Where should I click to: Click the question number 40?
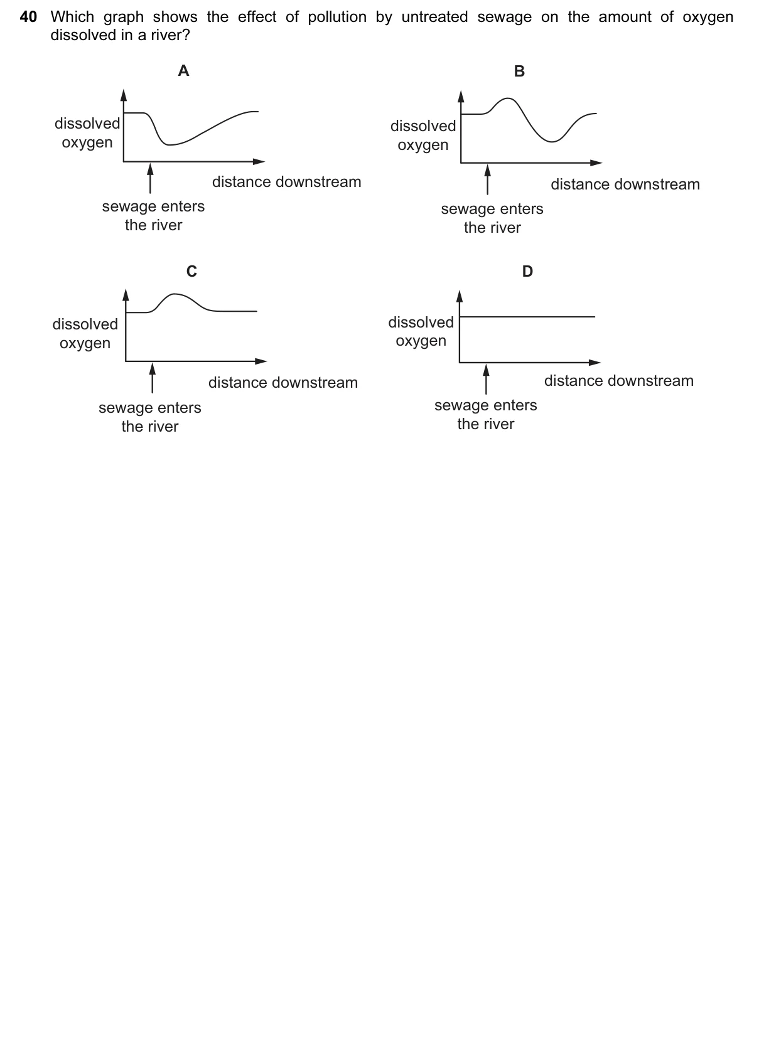point(28,17)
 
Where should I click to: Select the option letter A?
point(183,71)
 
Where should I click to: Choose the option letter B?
point(519,72)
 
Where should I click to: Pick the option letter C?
point(191,271)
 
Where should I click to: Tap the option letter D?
point(527,271)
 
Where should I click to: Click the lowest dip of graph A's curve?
point(170,145)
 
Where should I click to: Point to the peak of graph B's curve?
point(508,99)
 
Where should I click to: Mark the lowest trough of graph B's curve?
point(551,141)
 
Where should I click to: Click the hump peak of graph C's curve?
point(174,294)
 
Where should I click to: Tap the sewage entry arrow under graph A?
point(150,178)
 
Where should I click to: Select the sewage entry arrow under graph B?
point(487,179)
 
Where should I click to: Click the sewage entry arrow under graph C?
point(153,378)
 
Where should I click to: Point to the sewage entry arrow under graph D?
point(486,380)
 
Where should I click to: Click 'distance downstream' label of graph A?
point(286,182)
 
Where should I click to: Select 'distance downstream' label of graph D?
point(619,381)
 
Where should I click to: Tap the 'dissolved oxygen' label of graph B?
point(423,136)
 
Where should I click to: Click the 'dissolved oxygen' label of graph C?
point(85,334)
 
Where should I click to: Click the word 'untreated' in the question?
point(434,17)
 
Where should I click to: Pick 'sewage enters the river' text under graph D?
point(485,415)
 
